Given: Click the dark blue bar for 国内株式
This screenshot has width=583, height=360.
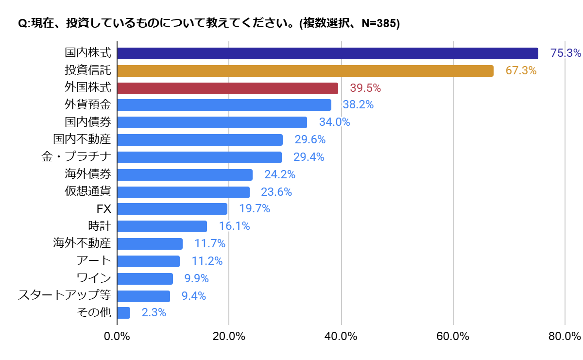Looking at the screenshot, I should (x=327, y=53).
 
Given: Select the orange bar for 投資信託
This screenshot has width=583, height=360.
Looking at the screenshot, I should (x=305, y=71).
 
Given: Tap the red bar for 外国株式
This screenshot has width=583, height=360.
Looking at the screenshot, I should (x=227, y=88).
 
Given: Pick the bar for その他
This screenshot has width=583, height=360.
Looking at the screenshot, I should (x=124, y=313).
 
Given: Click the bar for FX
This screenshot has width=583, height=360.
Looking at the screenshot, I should (x=172, y=209).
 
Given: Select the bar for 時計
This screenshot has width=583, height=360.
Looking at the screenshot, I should (x=162, y=226).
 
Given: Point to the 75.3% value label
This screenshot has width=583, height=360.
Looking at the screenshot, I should (x=566, y=53).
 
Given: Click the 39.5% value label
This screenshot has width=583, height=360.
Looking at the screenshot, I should (x=365, y=88).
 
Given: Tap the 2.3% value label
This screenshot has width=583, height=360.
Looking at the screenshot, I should (x=154, y=313).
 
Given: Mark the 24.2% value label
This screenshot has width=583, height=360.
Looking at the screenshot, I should (x=279, y=174).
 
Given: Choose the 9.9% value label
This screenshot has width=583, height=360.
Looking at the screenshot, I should (x=197, y=278).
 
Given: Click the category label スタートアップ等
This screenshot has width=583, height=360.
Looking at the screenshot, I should (x=65, y=295).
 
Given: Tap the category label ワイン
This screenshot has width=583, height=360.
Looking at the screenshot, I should (x=94, y=278).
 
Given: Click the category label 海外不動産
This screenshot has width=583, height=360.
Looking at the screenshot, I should (x=82, y=243).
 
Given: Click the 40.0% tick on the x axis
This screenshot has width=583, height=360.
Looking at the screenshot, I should (x=342, y=337).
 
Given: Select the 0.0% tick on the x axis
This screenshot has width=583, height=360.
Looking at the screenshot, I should (x=117, y=337).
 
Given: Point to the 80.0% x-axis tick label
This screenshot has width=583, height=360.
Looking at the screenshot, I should (x=565, y=337).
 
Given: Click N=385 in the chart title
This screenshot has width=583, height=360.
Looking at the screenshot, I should (x=378, y=24).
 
